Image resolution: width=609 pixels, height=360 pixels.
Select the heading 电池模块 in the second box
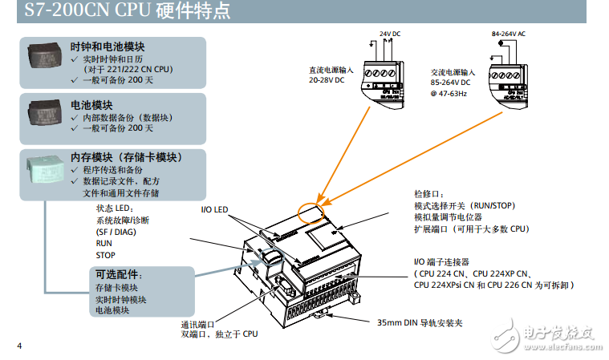[x=91, y=105]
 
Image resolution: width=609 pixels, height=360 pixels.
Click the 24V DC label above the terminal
[x=392, y=34]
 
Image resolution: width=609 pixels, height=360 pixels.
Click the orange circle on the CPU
[x=310, y=212]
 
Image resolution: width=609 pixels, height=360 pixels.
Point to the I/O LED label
[x=214, y=210]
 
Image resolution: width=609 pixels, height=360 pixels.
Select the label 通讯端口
[x=197, y=325]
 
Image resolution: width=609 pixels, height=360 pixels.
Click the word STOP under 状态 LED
[x=105, y=255]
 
